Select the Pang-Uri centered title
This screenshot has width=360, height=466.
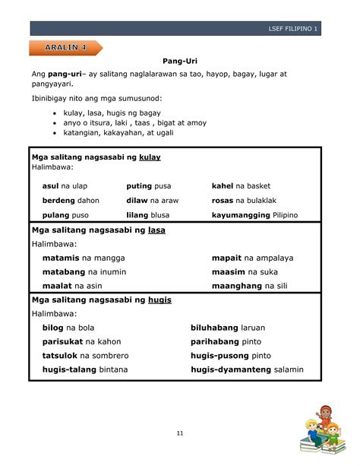tap(179, 60)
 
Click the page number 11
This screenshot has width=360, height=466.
tap(180, 433)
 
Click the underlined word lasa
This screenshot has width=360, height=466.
tap(156, 230)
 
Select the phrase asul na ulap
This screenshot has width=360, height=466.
tap(65, 186)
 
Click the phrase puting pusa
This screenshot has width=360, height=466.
tap(149, 186)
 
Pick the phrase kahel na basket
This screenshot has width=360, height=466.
tap(241, 186)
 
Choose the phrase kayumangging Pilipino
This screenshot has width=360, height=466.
tap(254, 215)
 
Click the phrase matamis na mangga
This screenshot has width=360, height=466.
tap(84, 258)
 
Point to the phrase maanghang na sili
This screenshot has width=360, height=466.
tap(250, 286)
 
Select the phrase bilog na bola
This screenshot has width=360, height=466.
tap(68, 328)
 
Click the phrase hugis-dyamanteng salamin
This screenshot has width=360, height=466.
tap(247, 370)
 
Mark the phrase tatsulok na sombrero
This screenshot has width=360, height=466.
tap(85, 356)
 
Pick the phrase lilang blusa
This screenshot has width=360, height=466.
tap(148, 215)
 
